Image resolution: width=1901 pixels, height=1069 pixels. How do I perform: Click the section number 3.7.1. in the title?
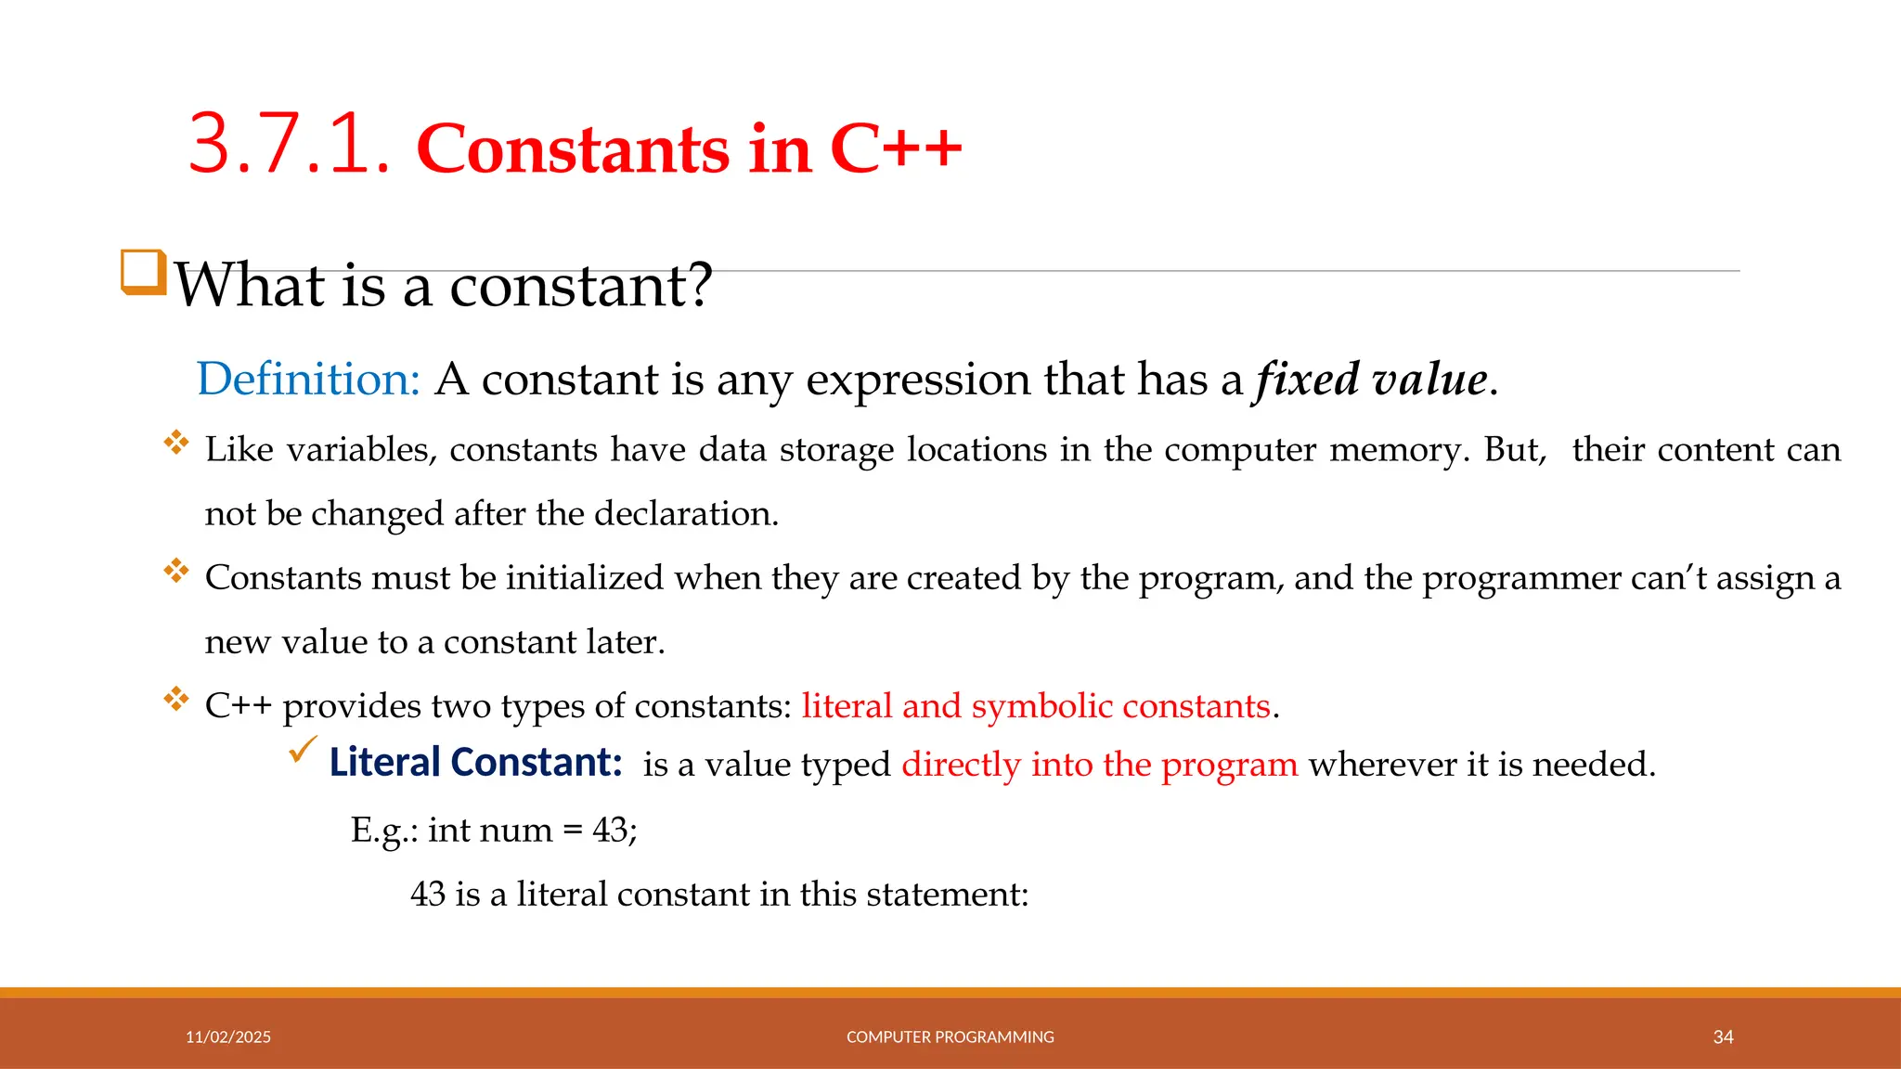pyautogui.click(x=289, y=145)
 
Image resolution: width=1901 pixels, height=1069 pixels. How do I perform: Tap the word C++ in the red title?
pyautogui.click(x=896, y=148)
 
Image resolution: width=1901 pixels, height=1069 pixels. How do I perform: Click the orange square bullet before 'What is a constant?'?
pyautogui.click(x=144, y=273)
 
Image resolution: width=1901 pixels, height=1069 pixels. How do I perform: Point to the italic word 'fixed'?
pyautogui.click(x=1306, y=379)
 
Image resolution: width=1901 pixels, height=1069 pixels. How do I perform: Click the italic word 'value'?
pyautogui.click(x=1430, y=379)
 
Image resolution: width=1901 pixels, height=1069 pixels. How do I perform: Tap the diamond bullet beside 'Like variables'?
pyautogui.click(x=175, y=442)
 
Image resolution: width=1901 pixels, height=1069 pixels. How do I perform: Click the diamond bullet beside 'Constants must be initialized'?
pyautogui.click(x=175, y=570)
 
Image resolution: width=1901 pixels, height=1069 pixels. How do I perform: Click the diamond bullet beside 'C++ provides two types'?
pyautogui.click(x=175, y=698)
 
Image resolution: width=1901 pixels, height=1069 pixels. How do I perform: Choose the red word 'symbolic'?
pyautogui.click(x=1041, y=706)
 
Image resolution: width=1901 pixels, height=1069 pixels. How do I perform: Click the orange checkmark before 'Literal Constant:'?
pyautogui.click(x=303, y=748)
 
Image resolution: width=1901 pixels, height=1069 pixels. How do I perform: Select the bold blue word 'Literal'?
pyautogui.click(x=384, y=763)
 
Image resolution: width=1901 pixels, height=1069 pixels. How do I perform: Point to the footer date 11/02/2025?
pyautogui.click(x=228, y=1037)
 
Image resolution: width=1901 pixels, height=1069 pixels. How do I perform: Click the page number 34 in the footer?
pyautogui.click(x=1723, y=1037)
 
